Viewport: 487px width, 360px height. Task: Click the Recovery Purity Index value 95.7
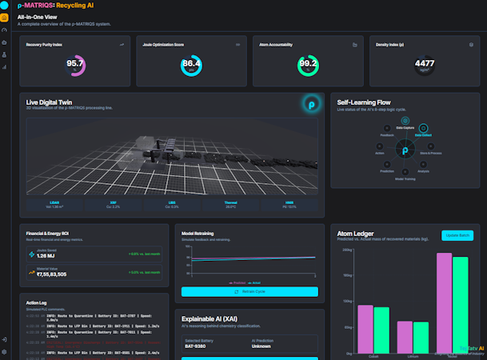(75, 63)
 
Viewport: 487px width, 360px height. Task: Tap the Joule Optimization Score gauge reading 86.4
(192, 63)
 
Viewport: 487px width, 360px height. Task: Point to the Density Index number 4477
(425, 63)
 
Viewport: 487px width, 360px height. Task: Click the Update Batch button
(460, 235)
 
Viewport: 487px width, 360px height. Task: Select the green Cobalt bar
(381, 330)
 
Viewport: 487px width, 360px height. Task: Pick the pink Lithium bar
(405, 337)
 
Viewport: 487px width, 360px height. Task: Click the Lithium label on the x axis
(413, 356)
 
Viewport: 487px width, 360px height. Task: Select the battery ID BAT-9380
(196, 346)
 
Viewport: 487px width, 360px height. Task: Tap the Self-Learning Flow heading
(364, 102)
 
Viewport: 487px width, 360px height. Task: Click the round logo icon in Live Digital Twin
(311, 103)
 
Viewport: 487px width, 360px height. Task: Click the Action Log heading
(38, 303)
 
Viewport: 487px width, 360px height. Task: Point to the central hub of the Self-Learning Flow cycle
(405, 150)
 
